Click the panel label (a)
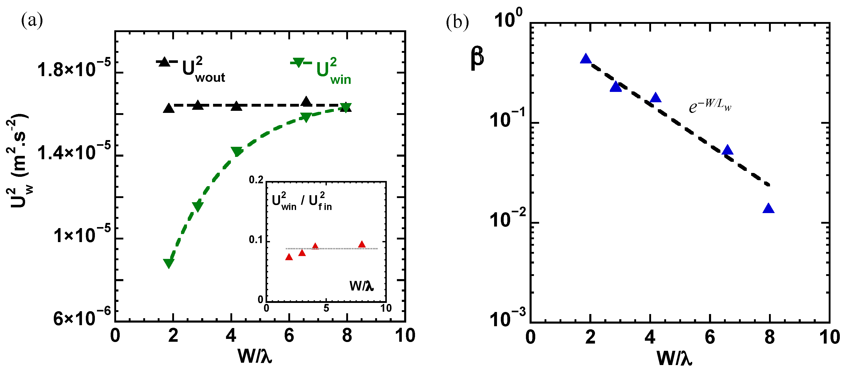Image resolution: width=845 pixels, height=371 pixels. point(32,21)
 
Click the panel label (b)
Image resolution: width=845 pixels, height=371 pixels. point(457,23)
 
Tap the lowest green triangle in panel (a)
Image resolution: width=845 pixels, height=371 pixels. point(169,263)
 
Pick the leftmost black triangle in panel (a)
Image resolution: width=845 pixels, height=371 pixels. point(169,108)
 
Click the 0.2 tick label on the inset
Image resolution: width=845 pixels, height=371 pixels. point(256,180)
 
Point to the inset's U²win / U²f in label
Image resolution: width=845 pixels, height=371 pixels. point(302,201)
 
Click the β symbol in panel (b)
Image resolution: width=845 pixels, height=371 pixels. point(477,58)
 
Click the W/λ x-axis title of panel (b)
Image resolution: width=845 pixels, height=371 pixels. point(674,358)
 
